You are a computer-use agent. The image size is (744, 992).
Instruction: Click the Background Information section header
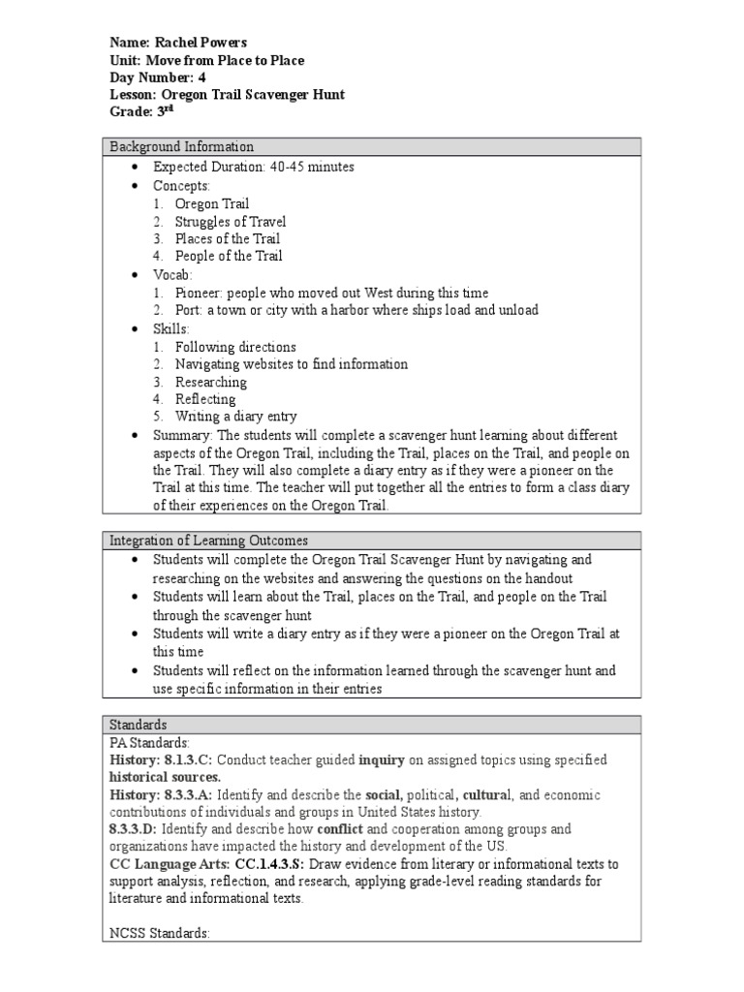[x=182, y=147]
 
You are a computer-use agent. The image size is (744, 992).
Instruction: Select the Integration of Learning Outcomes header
[x=209, y=541]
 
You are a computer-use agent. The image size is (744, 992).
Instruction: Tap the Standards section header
[x=139, y=725]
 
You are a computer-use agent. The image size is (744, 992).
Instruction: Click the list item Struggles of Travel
[x=231, y=221]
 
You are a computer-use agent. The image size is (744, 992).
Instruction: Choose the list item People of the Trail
[x=229, y=256]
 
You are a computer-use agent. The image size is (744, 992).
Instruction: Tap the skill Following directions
[x=235, y=347]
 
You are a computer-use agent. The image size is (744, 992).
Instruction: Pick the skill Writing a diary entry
[x=235, y=417]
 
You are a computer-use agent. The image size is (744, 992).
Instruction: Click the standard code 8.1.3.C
[x=189, y=760]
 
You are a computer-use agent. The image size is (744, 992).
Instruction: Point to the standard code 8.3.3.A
[x=190, y=795]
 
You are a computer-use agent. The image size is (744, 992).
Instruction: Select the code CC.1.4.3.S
[x=277, y=864]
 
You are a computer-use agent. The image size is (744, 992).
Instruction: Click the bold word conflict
[x=340, y=830]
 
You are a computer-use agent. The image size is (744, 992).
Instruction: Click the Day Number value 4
[x=201, y=77]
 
